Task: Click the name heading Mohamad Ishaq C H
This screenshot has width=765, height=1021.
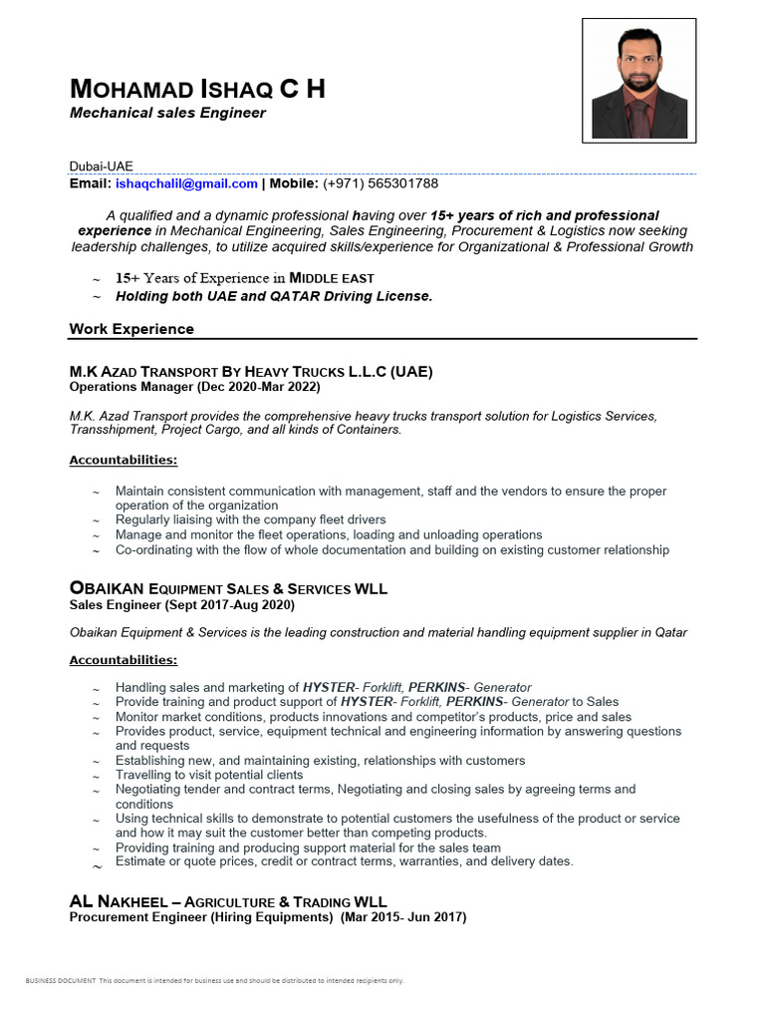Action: pyautogui.click(x=197, y=90)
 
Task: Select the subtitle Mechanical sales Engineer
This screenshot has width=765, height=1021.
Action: pyautogui.click(x=167, y=113)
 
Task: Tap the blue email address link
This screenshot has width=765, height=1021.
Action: pyautogui.click(x=186, y=183)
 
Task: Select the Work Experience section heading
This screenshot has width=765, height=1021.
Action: pyautogui.click(x=131, y=329)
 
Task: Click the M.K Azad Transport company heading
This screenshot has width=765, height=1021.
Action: pyautogui.click(x=251, y=372)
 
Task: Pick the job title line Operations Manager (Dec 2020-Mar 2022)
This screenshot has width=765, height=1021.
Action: pyautogui.click(x=194, y=386)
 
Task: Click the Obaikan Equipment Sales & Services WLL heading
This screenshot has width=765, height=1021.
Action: pyautogui.click(x=228, y=589)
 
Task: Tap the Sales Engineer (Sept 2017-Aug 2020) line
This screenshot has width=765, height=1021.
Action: pyautogui.click(x=181, y=604)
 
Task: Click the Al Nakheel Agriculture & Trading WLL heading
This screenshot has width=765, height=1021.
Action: pyautogui.click(x=228, y=901)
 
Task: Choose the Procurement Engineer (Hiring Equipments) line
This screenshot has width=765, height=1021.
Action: pyautogui.click(x=267, y=916)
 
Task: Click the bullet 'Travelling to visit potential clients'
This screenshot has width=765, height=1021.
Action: pyautogui.click(x=209, y=775)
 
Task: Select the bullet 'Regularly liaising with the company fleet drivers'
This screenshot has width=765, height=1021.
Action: pyautogui.click(x=250, y=519)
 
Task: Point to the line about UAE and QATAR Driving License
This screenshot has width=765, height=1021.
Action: pyautogui.click(x=274, y=296)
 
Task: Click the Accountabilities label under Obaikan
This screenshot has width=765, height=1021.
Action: pyautogui.click(x=124, y=660)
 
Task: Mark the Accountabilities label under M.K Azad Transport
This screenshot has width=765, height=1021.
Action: pyautogui.click(x=124, y=460)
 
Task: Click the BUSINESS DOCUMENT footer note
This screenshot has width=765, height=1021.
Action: pyautogui.click(x=214, y=981)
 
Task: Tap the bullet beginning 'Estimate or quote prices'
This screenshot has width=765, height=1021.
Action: pyautogui.click(x=344, y=861)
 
